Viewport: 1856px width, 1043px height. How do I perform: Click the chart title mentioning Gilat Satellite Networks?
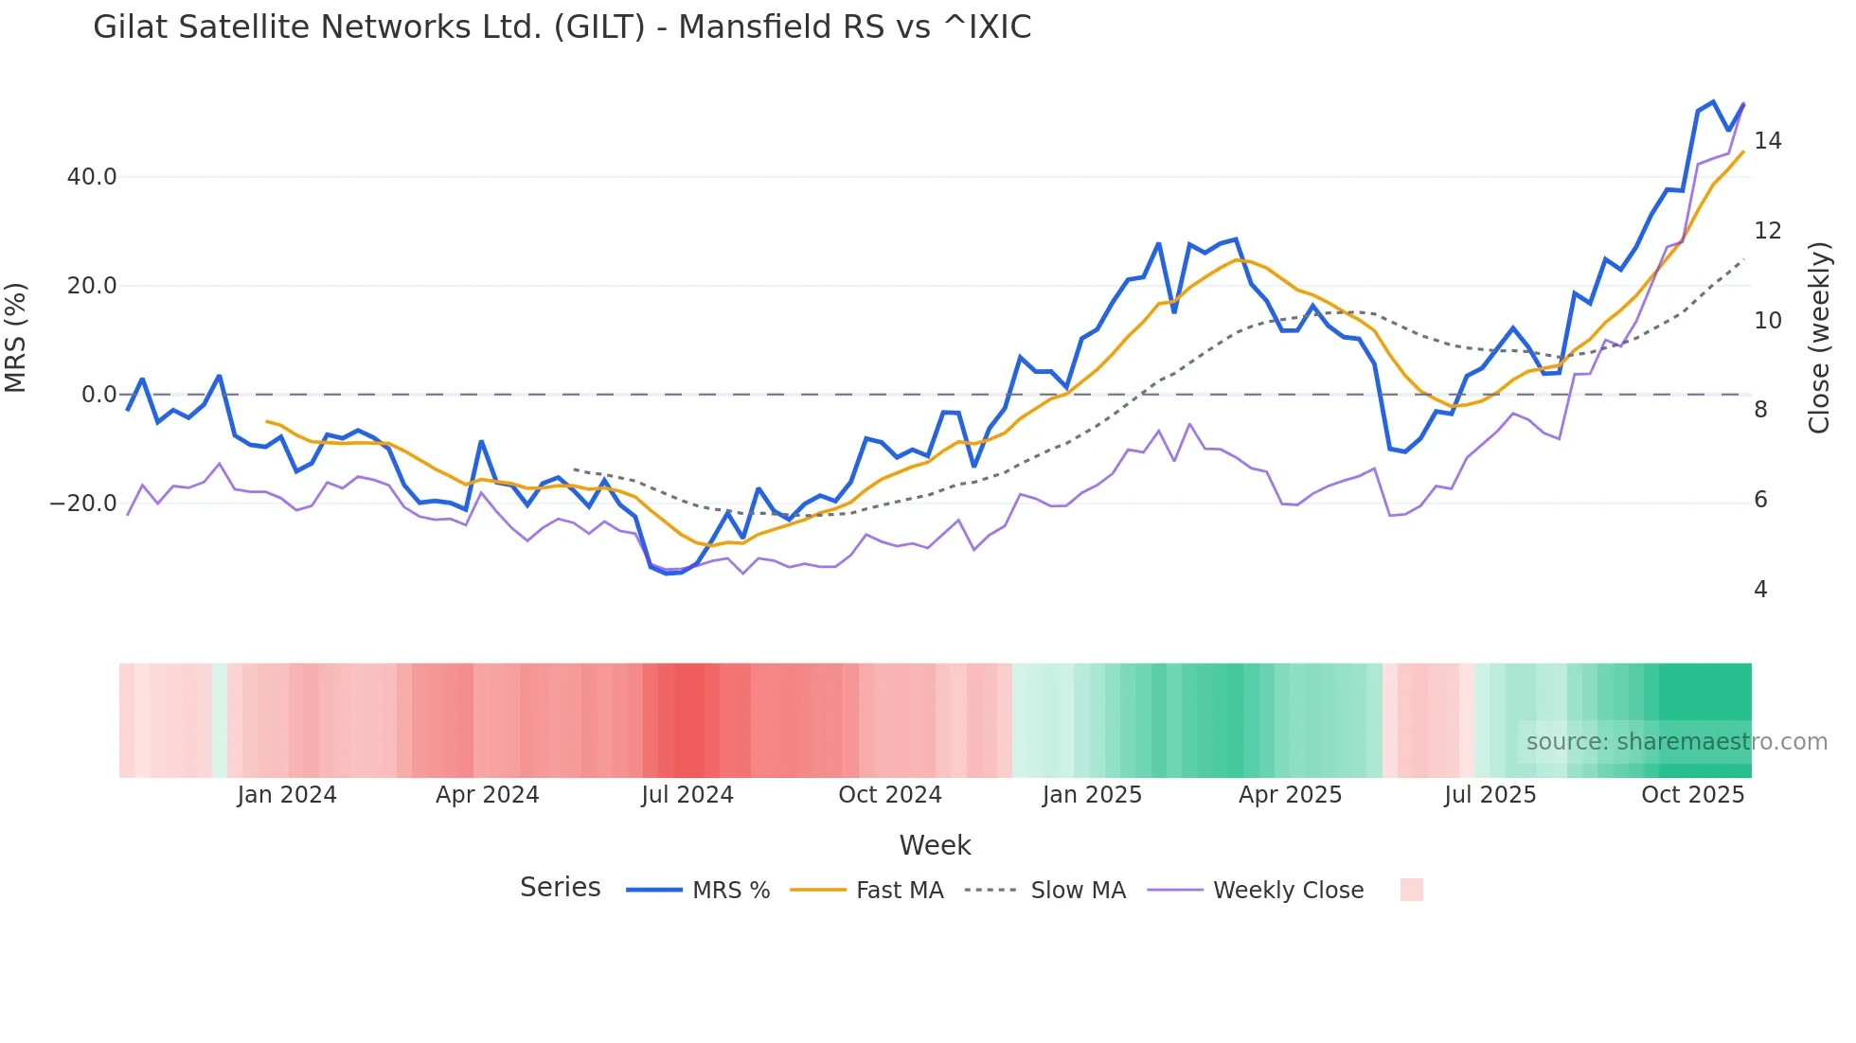pos(562,27)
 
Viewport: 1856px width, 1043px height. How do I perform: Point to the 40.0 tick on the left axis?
pos(92,177)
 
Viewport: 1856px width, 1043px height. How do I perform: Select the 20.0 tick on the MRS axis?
pos(92,286)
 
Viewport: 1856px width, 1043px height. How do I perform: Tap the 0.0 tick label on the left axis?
pos(98,395)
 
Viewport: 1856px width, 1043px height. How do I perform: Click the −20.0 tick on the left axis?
pos(83,504)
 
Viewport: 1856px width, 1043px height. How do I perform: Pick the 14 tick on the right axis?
pos(1767,141)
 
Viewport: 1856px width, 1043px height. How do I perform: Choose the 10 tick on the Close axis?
pos(1767,321)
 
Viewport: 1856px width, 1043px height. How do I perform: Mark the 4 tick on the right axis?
pos(1760,590)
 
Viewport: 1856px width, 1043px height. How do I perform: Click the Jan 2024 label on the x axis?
pos(287,795)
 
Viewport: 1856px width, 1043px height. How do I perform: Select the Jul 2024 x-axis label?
pos(687,795)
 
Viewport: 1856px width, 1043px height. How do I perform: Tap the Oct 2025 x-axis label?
pos(1692,795)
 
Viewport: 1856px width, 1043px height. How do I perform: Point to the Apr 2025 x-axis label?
pos(1290,795)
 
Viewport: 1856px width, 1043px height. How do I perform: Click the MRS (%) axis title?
pos(16,338)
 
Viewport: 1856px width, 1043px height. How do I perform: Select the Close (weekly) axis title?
pos(1819,338)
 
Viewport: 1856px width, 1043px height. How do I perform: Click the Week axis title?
pos(935,845)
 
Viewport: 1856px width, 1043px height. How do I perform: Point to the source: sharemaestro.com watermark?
pos(1676,742)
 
